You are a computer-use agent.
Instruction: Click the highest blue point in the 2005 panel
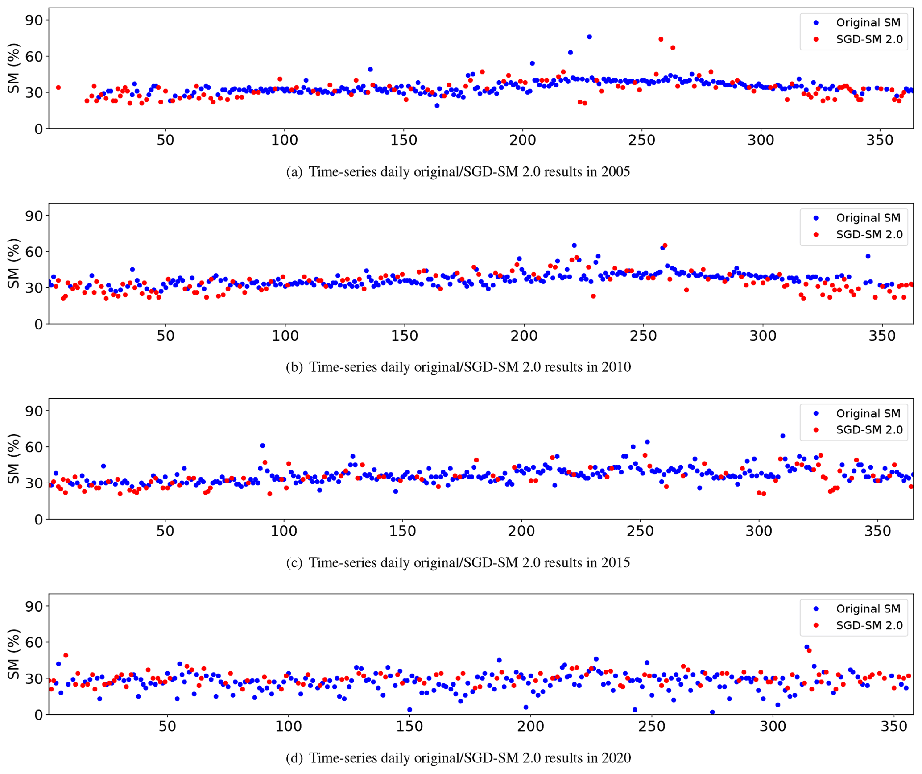coord(589,37)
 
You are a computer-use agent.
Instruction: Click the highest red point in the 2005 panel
coord(661,39)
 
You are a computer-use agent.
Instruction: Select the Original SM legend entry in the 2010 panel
coord(868,218)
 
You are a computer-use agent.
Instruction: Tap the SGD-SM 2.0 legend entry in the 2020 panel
coord(869,625)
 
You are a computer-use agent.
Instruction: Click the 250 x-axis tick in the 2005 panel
coord(641,140)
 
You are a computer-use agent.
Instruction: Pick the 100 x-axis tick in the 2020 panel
coord(288,726)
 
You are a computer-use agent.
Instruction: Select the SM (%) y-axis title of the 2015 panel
coord(14,458)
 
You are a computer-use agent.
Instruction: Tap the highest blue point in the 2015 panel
coord(782,436)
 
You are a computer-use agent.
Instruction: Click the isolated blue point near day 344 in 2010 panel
coord(868,256)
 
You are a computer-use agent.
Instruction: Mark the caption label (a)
coord(294,172)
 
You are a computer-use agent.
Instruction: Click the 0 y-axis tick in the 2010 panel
coord(39,324)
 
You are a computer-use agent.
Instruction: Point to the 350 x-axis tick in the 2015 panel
coord(878,531)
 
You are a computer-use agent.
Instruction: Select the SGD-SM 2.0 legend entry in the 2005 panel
coord(869,39)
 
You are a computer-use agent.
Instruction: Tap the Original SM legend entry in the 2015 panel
coord(868,413)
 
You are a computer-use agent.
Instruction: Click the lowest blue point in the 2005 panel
coord(437,106)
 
